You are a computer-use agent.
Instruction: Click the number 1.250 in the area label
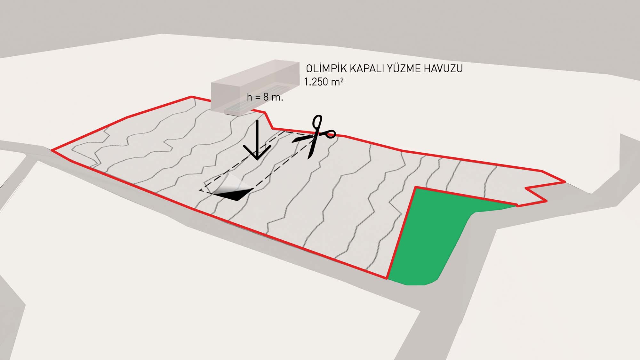(x=316, y=82)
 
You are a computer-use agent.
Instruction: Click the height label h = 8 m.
(x=265, y=97)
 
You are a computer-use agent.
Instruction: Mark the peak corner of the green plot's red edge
(x=416, y=187)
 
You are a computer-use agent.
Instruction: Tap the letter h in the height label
(x=249, y=97)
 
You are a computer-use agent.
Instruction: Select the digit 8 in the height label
(x=266, y=97)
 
